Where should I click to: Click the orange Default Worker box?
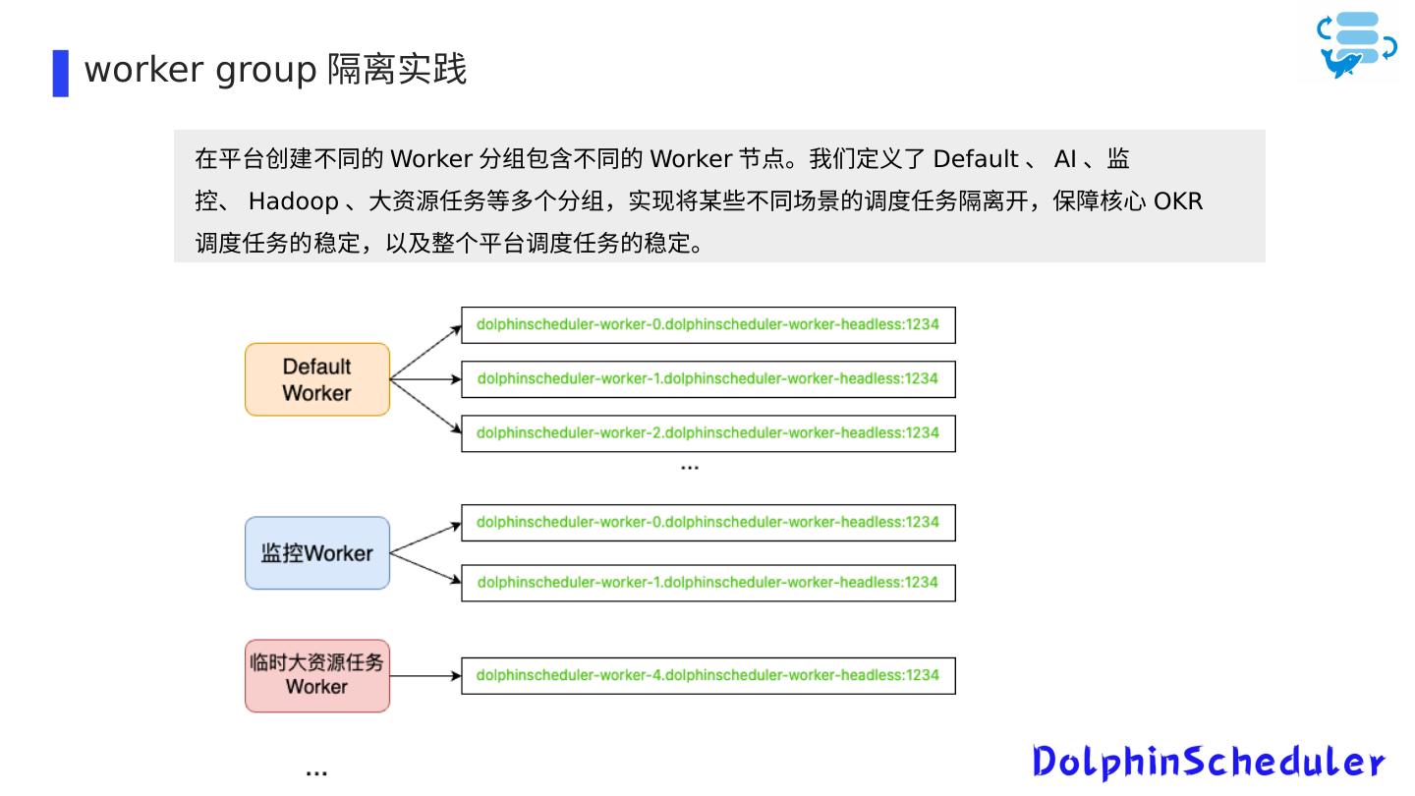pyautogui.click(x=316, y=379)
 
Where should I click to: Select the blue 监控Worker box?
pyautogui.click(x=316, y=553)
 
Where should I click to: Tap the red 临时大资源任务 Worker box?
pyautogui.click(x=316, y=675)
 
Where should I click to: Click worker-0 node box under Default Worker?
pyautogui.click(x=707, y=325)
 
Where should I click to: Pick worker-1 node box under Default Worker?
pyautogui.click(x=707, y=379)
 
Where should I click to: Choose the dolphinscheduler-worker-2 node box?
pyautogui.click(x=707, y=433)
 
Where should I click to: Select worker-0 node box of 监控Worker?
pyautogui.click(x=707, y=523)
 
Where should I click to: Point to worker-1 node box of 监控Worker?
pyautogui.click(x=707, y=583)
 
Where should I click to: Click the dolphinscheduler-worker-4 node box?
pyautogui.click(x=707, y=676)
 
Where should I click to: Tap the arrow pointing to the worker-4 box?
pyautogui.click(x=425, y=676)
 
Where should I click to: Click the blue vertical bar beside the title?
pyautogui.click(x=61, y=73)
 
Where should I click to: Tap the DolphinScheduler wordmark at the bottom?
pyautogui.click(x=1208, y=762)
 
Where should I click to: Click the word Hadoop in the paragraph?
pyautogui.click(x=293, y=201)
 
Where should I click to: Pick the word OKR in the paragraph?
pyautogui.click(x=1178, y=201)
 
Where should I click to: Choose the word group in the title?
pyautogui.click(x=265, y=71)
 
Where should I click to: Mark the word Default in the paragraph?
pyautogui.click(x=975, y=159)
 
